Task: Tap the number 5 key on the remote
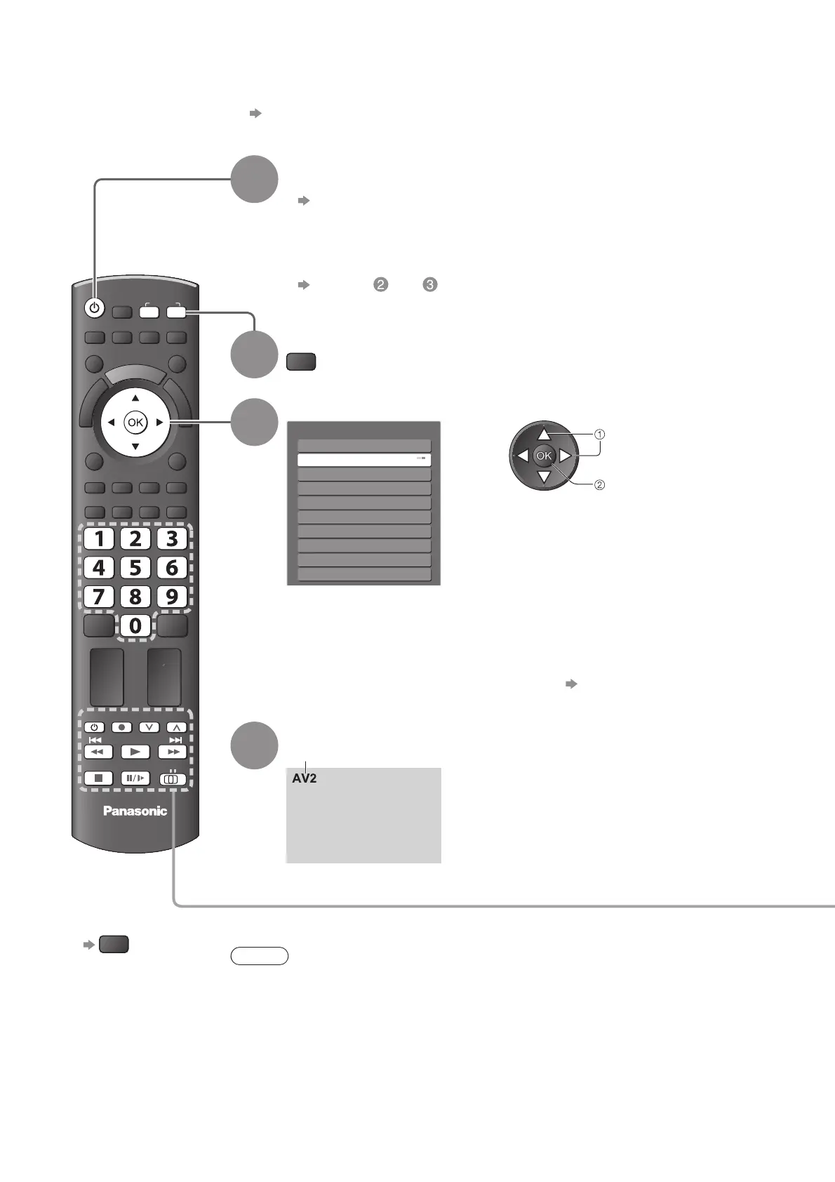coord(135,567)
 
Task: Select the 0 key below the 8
coord(135,625)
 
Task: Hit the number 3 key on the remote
coord(172,538)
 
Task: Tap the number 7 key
coord(99,597)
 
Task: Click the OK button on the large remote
coord(135,423)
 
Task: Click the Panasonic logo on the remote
coord(135,811)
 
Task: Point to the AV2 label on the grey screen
coord(305,778)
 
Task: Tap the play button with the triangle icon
coord(135,752)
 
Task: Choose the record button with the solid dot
coord(122,727)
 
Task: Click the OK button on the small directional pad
coord(545,456)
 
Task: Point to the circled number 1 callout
coord(600,434)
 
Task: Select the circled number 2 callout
coord(600,484)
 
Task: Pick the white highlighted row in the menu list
coord(363,460)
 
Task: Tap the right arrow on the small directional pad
coord(566,456)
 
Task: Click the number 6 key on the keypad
coord(172,567)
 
